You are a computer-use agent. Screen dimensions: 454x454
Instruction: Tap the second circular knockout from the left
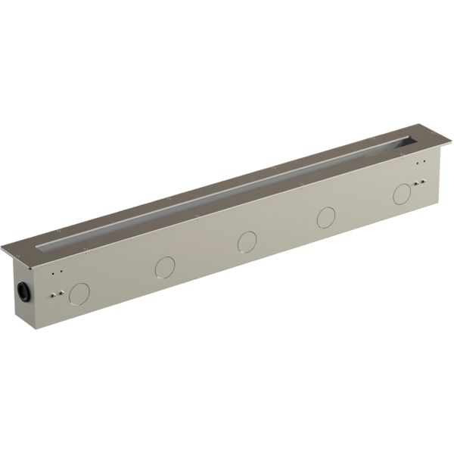pos(163,266)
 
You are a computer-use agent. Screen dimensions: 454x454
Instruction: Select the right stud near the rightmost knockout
pos(422,182)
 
